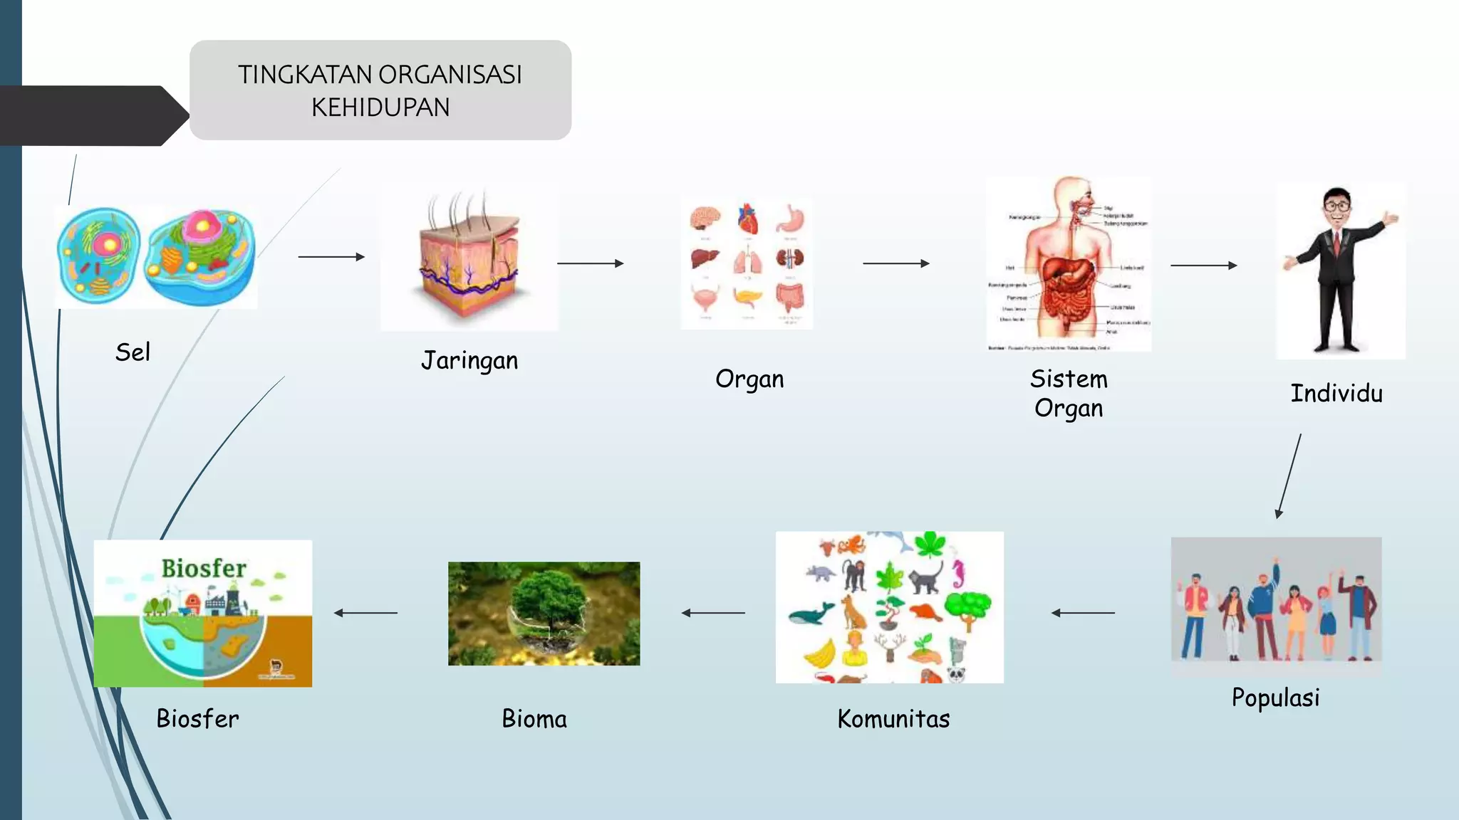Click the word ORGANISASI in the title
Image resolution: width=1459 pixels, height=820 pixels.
450,75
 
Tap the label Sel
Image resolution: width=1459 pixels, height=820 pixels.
133,352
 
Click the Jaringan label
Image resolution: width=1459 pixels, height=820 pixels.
469,361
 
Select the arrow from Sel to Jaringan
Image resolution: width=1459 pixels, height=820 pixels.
331,257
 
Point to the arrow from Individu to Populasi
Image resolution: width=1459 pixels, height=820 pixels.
1289,475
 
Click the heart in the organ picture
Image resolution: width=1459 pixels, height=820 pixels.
748,219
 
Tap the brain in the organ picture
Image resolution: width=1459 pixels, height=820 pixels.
705,217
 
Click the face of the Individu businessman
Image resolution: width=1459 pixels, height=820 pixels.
1337,207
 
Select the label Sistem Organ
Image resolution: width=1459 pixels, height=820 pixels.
1069,394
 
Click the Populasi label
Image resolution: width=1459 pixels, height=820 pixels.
1275,698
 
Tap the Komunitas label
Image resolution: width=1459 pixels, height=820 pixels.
893,719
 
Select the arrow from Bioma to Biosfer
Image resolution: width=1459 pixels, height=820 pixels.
365,613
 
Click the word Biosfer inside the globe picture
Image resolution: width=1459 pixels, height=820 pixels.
203,568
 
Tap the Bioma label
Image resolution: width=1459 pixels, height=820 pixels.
534,719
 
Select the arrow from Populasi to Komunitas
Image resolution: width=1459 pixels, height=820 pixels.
1083,613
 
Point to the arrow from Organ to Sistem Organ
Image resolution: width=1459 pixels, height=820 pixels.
895,263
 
